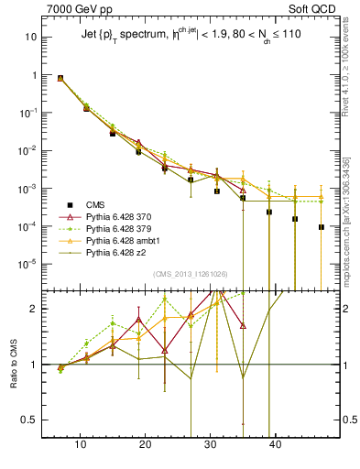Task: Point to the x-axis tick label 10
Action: coord(81,448)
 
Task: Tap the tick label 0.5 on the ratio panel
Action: coord(29,421)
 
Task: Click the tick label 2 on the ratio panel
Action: coord(33,309)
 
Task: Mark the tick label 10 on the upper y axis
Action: coord(29,38)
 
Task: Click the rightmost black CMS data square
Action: coord(322,227)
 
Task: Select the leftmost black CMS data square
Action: coord(60,79)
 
